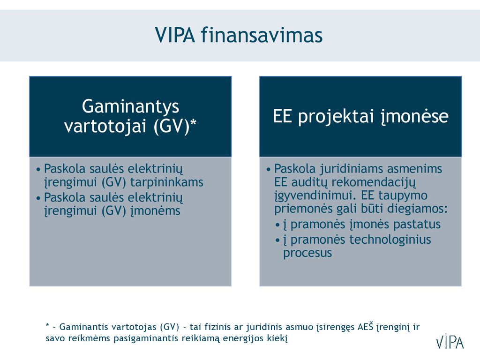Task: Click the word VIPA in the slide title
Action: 175,35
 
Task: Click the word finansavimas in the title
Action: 262,35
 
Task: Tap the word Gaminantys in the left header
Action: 130,107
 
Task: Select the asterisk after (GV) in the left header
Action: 193,122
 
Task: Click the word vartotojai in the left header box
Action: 105,126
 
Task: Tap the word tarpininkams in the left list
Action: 167,182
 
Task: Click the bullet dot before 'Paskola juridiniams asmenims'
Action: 269,169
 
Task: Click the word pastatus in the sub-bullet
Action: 417,225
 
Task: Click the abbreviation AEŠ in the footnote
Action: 366,327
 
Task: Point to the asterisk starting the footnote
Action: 47,325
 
